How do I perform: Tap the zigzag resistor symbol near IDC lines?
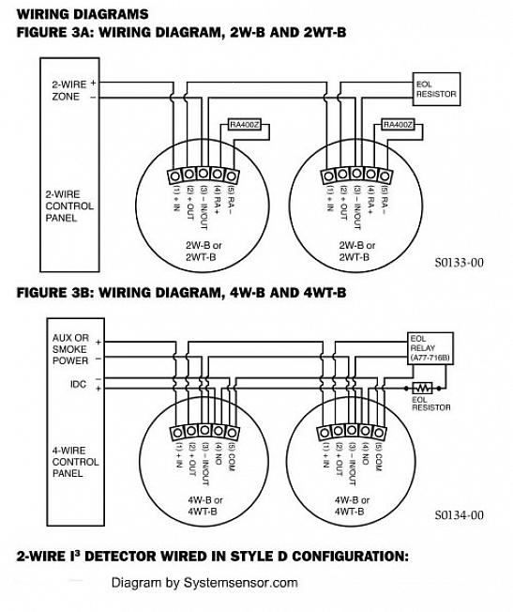coord(422,389)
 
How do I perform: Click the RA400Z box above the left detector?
coord(244,125)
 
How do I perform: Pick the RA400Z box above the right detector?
coord(398,125)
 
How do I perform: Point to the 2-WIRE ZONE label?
coord(69,90)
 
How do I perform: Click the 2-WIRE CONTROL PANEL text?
coord(69,206)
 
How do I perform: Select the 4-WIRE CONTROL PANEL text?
coord(75,462)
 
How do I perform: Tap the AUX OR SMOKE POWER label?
coord(70,349)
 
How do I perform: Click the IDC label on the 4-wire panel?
coord(78,384)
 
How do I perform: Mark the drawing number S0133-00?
coord(459,262)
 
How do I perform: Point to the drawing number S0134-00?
coord(459,514)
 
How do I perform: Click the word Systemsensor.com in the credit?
coord(241,583)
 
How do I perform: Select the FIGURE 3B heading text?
coord(181,292)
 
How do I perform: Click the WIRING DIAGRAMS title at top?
coord(83,14)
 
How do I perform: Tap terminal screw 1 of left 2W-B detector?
coord(174,176)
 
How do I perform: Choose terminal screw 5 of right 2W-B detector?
coord(385,176)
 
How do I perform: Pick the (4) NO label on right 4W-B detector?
coord(365,454)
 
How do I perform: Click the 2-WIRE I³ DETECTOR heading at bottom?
coord(212,556)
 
